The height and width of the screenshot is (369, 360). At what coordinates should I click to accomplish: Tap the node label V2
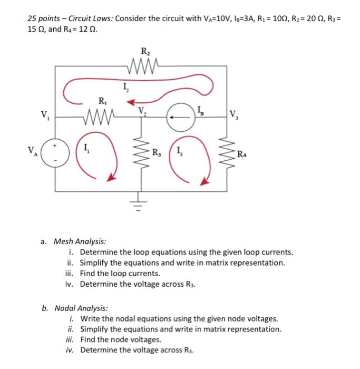tap(141, 111)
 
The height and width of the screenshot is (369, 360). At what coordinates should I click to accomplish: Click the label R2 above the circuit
tap(145, 52)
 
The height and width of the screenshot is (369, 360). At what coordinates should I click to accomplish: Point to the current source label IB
tap(200, 109)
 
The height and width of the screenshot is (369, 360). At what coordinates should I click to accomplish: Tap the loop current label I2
tap(125, 88)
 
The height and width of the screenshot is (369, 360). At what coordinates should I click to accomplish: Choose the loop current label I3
tap(181, 153)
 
